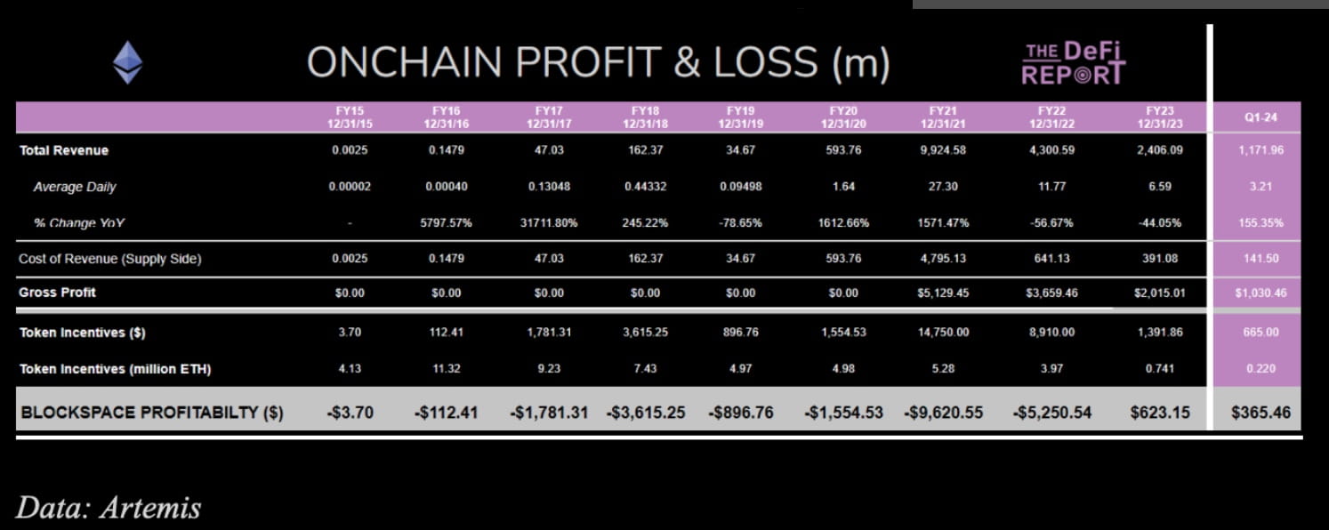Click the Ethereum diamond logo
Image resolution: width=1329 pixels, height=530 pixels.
(127, 63)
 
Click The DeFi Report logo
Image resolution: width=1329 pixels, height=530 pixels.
(1073, 63)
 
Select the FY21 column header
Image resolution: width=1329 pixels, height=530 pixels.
(943, 116)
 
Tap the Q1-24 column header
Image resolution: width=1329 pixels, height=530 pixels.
(1260, 117)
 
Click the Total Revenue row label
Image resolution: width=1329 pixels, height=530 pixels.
(64, 150)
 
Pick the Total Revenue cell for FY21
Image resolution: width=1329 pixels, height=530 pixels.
(943, 150)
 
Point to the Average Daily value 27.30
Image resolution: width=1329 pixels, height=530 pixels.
(943, 187)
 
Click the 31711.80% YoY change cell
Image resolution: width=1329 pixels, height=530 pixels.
(549, 223)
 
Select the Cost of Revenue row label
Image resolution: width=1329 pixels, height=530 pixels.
(109, 259)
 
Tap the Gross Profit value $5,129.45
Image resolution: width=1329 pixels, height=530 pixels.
(943, 293)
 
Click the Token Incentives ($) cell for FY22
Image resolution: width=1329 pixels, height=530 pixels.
(1051, 333)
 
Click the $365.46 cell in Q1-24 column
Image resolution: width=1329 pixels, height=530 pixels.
(1261, 412)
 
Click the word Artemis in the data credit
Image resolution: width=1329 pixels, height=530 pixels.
(149, 507)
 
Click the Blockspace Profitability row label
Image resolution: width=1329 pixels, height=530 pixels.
(151, 412)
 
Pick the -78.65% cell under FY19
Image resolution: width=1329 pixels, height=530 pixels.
(741, 223)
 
